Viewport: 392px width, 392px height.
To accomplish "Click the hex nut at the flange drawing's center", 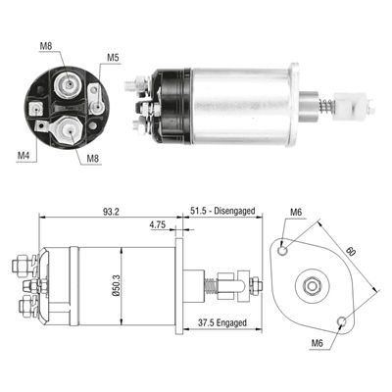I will [312, 285].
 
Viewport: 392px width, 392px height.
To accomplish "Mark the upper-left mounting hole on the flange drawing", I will [283, 249].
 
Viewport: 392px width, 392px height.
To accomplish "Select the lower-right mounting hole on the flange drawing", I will [340, 321].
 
